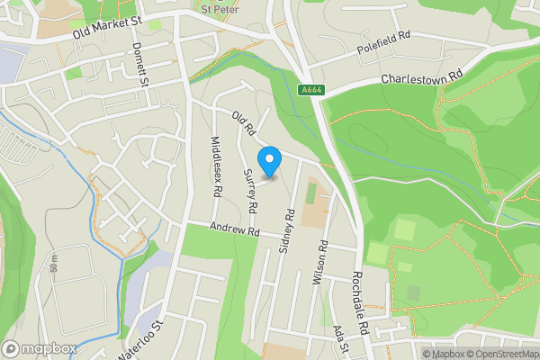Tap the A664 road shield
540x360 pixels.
tap(310, 89)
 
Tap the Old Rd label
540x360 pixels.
tap(244, 121)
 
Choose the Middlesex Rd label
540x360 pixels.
tap(216, 166)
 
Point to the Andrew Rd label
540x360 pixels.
tap(235, 231)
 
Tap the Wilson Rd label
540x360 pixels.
tap(319, 263)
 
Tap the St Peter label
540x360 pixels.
tap(220, 10)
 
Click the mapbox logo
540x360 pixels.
tap(40, 348)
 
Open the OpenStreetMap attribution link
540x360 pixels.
tap(504, 354)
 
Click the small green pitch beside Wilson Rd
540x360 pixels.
tap(310, 192)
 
